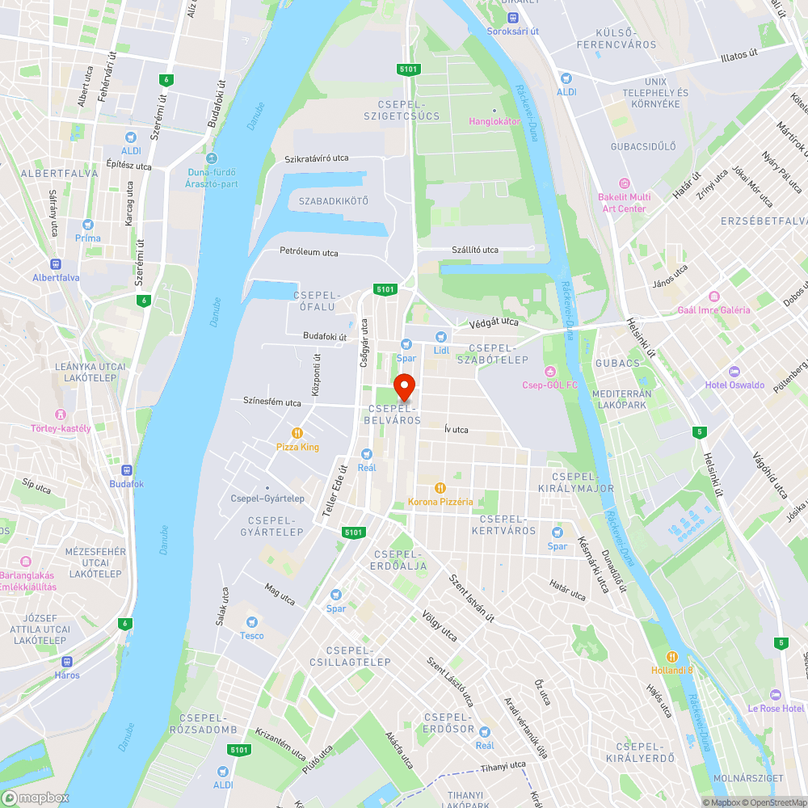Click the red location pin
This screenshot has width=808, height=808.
(404, 386)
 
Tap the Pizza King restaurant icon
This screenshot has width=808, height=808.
(297, 432)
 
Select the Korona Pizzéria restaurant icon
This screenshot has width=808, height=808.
(440, 487)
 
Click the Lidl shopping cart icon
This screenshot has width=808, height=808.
(440, 336)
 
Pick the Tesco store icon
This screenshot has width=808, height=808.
(251, 621)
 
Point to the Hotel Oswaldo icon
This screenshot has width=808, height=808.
(734, 371)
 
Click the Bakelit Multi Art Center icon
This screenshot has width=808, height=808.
(623, 183)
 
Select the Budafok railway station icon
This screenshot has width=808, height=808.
(126, 470)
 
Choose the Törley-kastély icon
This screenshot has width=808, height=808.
(61, 415)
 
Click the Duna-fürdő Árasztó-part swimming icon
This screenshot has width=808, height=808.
(211, 158)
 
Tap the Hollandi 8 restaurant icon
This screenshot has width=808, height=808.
(672, 656)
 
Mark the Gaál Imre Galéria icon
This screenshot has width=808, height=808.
(713, 296)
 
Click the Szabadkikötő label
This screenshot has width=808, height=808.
(333, 200)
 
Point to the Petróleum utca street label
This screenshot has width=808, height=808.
(309, 252)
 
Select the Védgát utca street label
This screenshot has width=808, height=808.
(494, 322)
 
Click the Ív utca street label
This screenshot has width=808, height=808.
(456, 430)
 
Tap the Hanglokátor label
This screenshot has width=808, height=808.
(494, 121)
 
